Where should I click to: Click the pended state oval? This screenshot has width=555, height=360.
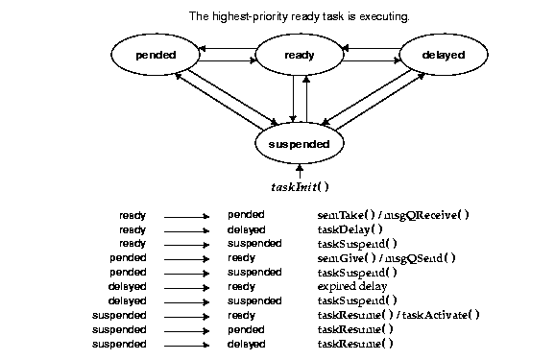pos(155,55)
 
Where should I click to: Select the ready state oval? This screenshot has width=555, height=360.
pos(299,55)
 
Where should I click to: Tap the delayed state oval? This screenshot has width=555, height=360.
pos(443,55)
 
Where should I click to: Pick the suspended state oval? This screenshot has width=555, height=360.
pos(299,144)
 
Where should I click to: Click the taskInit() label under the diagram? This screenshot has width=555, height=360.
pos(300,187)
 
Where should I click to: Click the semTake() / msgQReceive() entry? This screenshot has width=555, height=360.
pos(393,215)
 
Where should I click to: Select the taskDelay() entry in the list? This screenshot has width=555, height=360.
pos(350,229)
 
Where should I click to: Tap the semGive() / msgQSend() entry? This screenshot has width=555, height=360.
pos(386,258)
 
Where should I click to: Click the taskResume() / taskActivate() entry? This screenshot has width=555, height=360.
pos(398,315)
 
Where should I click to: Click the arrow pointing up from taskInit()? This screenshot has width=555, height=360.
pos(300,172)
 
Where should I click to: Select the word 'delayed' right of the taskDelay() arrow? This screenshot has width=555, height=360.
pos(246,229)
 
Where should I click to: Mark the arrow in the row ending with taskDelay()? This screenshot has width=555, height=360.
pos(186,230)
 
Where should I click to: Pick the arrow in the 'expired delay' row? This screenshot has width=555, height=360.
pos(186,287)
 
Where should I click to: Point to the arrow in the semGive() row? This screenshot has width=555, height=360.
pos(186,259)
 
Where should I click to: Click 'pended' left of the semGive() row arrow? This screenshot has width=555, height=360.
pos(129,258)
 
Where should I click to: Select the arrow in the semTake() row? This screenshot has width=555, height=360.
pos(186,216)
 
